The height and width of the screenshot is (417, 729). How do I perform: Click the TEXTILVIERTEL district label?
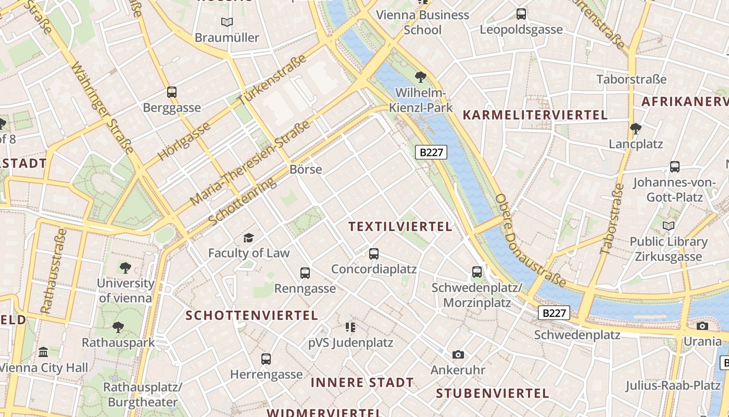point(400,226)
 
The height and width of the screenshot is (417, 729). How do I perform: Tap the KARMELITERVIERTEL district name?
point(535,115)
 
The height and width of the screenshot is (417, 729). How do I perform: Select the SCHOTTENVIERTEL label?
point(252,315)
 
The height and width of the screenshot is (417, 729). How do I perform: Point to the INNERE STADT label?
point(362,383)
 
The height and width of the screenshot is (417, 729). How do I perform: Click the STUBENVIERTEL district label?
point(493,393)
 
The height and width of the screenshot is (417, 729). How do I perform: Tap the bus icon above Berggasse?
point(172,92)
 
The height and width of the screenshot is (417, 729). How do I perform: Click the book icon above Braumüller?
point(227,22)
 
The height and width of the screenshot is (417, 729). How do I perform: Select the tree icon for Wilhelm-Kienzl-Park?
point(421,78)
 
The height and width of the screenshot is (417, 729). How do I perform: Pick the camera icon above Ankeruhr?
point(458,355)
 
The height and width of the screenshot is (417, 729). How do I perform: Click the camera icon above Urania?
point(702,326)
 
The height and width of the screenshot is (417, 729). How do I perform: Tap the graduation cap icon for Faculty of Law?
point(248,238)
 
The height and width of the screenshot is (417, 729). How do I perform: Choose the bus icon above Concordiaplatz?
point(374,254)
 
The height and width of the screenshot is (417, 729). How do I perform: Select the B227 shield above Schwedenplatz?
point(554,313)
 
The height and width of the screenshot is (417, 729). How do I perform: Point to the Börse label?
point(306,169)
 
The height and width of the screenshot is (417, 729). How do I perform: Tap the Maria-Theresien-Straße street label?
point(250,163)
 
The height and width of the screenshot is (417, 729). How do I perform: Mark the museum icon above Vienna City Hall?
point(43,352)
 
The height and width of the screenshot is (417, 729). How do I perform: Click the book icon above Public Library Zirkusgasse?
point(668,226)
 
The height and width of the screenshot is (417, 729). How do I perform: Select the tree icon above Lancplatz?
point(635,128)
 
